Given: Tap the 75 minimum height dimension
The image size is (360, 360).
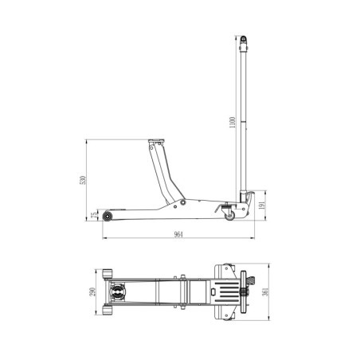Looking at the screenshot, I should click(x=94, y=215).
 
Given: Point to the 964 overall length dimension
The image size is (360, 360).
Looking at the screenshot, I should click(x=178, y=234).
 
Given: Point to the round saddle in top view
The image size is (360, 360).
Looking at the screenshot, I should click(x=119, y=294).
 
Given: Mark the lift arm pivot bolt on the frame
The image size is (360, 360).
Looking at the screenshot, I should click(x=182, y=203).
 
